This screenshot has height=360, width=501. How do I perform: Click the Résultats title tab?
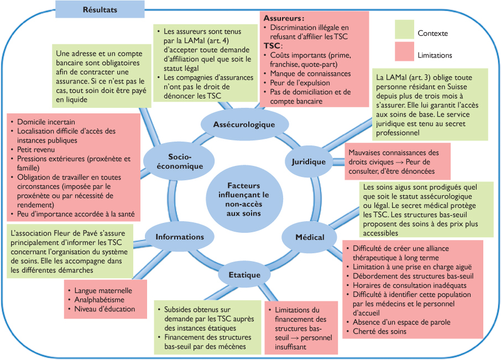pos(100,9)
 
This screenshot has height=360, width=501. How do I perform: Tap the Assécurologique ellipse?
pos(244,124)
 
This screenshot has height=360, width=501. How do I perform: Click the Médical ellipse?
pos(310,237)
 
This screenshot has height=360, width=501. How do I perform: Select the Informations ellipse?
pos(179,237)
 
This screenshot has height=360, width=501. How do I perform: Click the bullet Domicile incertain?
pos(46,122)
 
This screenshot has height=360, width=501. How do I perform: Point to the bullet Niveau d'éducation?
pos(105,309)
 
